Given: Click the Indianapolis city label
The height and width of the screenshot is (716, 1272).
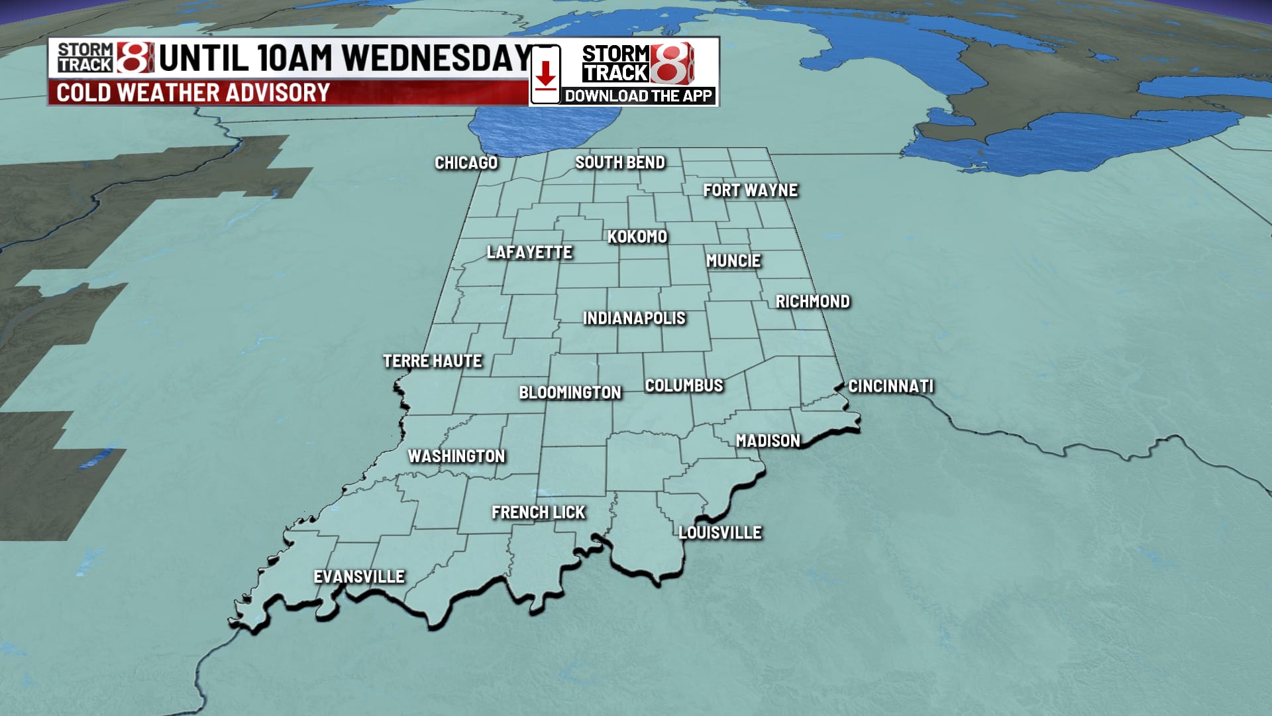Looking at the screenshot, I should [x=634, y=318].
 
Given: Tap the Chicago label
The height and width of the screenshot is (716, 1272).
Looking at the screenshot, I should [x=466, y=163].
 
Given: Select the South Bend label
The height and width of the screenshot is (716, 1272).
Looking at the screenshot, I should [x=619, y=162].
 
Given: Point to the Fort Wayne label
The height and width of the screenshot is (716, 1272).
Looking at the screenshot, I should [x=750, y=190].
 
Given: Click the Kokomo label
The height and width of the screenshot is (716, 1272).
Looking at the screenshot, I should [x=637, y=237].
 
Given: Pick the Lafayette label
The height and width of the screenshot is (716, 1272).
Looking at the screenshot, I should [x=529, y=253].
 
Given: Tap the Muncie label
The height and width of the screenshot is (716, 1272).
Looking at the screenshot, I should [x=733, y=261].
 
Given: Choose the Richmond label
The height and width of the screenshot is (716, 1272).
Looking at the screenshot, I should [x=812, y=302].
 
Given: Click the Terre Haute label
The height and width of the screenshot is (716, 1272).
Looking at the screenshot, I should [x=433, y=361].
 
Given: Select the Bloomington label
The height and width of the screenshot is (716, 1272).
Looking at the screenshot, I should [x=570, y=392].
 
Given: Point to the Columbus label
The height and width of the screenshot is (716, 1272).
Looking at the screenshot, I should [x=684, y=386].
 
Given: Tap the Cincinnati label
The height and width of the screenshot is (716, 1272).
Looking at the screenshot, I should [x=890, y=387].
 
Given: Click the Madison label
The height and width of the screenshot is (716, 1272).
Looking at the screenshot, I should [x=768, y=441].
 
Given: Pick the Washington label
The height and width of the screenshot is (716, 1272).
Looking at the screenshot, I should [x=456, y=456].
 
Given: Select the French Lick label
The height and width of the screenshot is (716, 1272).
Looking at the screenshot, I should [x=538, y=512].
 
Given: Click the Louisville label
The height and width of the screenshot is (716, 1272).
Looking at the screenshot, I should [x=720, y=532].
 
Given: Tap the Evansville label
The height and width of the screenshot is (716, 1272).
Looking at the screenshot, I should [x=359, y=577].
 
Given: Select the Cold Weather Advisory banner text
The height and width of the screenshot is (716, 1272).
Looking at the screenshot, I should [x=193, y=93].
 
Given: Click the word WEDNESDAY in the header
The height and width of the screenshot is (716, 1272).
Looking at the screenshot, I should [x=437, y=58].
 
